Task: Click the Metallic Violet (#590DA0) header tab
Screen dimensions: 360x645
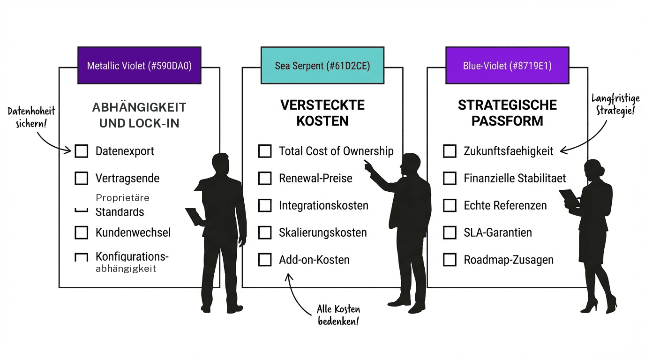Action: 139,66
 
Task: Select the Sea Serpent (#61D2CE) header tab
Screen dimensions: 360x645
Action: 322,66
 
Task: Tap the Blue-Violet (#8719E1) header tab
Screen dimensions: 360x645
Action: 507,66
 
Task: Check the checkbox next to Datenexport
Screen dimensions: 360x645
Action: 82,151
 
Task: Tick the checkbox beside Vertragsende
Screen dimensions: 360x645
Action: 82,178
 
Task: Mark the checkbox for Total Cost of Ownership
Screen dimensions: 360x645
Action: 265,151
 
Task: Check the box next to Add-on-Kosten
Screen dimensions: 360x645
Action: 265,260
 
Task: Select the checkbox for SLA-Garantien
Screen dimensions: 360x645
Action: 450,232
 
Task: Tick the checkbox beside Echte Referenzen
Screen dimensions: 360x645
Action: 450,205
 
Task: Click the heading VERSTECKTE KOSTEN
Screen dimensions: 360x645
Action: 322,112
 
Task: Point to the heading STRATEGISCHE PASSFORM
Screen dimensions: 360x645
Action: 507,112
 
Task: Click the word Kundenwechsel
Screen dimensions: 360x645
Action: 133,232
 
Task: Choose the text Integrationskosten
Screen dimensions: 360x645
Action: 323,205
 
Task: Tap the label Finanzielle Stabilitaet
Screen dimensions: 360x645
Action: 515,178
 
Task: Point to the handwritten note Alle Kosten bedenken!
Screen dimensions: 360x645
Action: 338,315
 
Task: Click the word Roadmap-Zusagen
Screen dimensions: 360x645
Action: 509,260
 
